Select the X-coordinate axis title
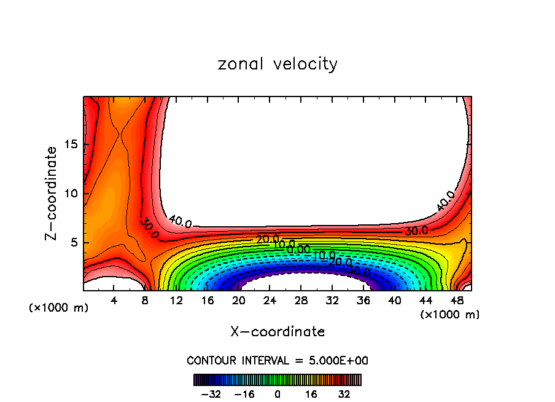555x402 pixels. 277,332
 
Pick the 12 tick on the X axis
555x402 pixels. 177,301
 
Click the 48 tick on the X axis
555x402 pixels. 457,301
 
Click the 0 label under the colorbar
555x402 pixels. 277,394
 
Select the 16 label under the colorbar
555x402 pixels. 311,394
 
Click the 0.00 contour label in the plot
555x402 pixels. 299,250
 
